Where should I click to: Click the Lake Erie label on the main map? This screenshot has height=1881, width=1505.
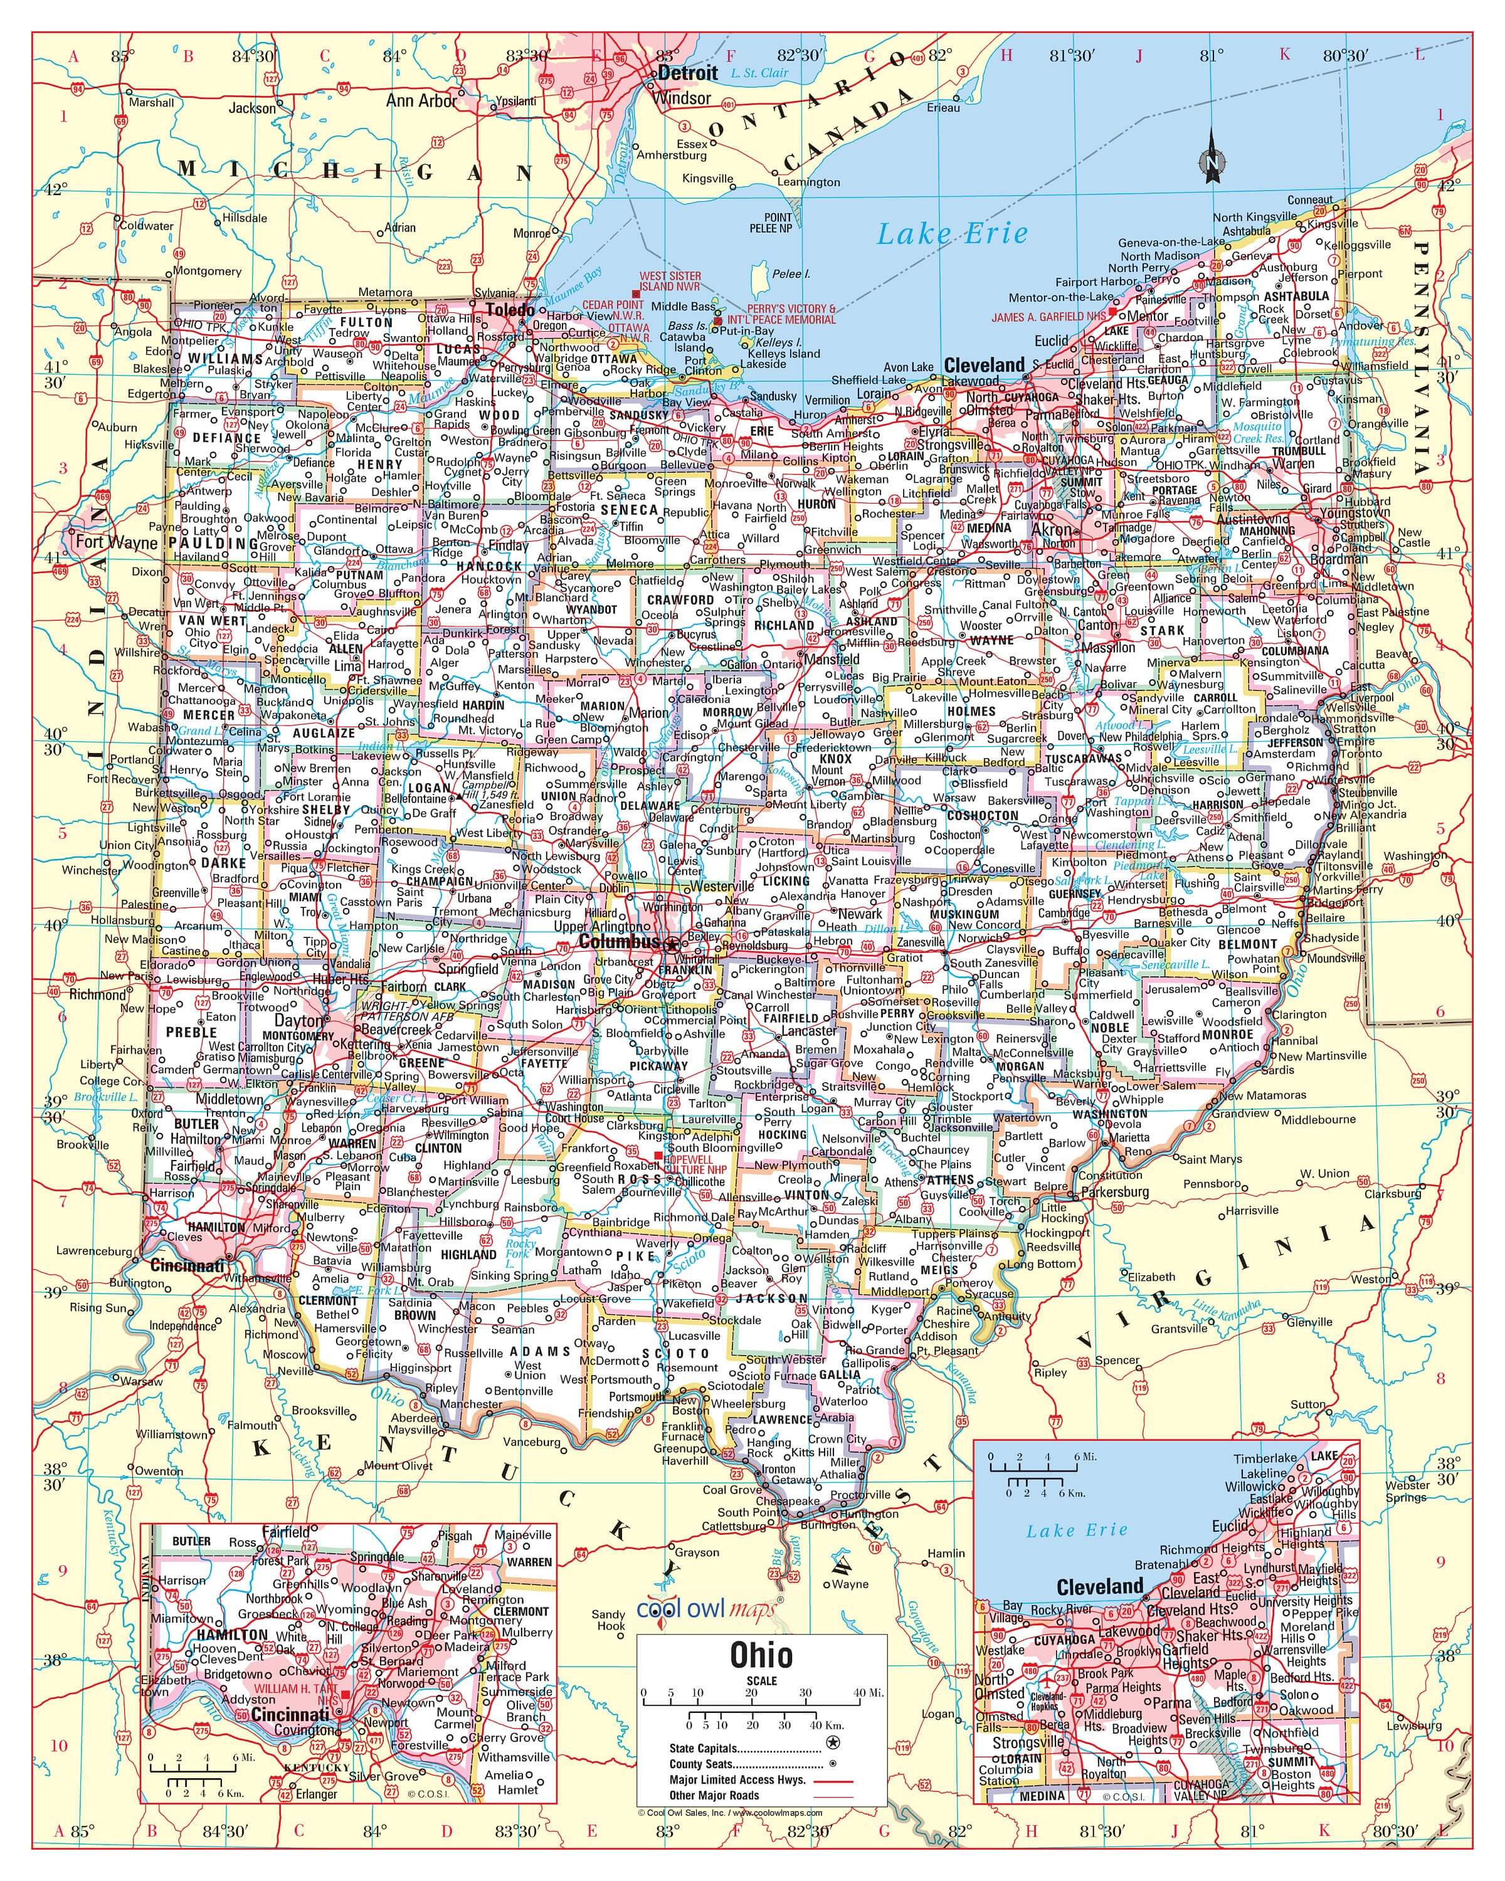952,234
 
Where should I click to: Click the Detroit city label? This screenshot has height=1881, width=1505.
687,73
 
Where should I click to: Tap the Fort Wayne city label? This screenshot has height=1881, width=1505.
116,542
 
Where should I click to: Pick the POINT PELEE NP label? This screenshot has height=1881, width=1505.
771,223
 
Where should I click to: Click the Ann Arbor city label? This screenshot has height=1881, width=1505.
421,101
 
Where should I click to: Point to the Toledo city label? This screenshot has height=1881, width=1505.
510,310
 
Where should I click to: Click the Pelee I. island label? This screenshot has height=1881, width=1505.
791,273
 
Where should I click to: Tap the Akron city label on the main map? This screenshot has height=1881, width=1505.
1052,530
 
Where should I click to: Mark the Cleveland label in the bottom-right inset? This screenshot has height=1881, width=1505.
1099,1586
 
